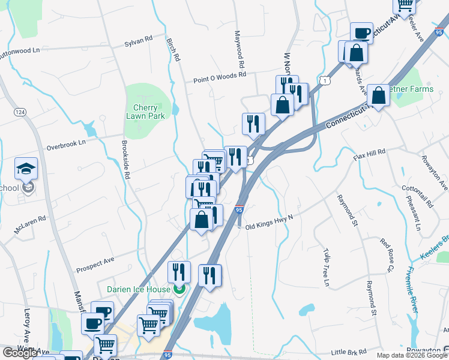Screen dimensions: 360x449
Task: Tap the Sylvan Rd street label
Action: pyautogui.click(x=139, y=42)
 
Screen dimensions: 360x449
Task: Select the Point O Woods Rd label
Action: pyautogui.click(x=220, y=77)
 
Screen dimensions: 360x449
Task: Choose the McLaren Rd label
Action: pyautogui.click(x=30, y=226)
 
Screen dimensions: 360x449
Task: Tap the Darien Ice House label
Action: pyautogui.click(x=140, y=289)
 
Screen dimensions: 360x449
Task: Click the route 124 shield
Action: pyautogui.click(x=20, y=112)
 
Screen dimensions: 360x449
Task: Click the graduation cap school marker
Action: pyautogui.click(x=26, y=169)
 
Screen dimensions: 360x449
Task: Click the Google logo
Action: pyautogui.click(x=20, y=353)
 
